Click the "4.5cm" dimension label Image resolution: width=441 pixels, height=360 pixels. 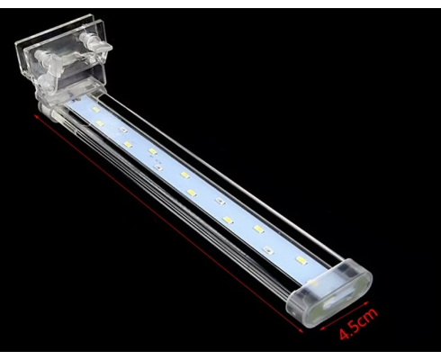click(357, 324)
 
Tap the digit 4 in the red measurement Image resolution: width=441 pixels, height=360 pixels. click(345, 334)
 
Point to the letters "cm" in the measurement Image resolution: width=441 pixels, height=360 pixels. click(368, 317)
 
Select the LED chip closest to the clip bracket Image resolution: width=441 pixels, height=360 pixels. click(95, 110)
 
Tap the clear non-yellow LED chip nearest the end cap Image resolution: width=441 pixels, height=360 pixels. click(268, 250)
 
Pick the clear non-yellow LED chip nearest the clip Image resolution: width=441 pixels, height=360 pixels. click(122, 130)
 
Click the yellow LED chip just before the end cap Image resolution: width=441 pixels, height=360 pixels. click(301, 259)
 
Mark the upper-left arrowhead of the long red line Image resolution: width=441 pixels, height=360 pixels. click(36, 116)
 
